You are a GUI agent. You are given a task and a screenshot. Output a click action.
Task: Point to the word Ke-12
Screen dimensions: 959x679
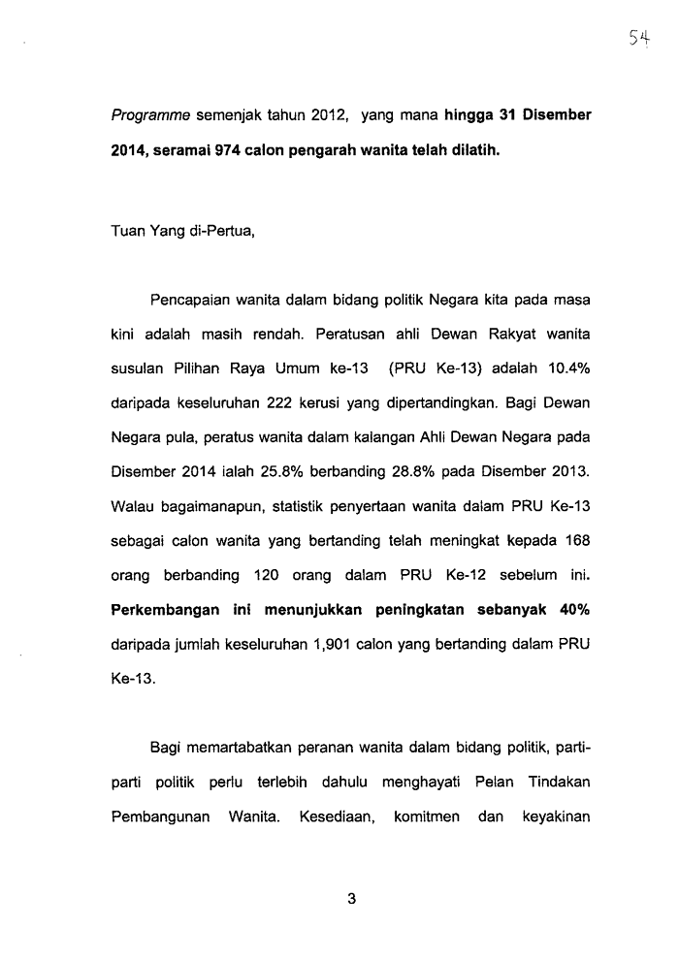click(469, 575)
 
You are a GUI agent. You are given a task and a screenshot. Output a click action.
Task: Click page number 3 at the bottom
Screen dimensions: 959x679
click(352, 899)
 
